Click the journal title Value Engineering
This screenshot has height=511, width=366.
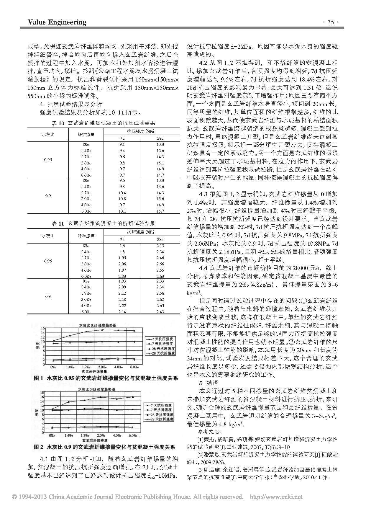(x=57, y=22)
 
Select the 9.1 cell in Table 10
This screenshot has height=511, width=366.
(x=122, y=145)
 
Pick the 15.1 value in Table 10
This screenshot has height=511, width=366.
(x=160, y=163)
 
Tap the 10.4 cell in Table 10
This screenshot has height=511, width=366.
(x=122, y=193)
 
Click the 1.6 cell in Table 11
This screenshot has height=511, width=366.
(x=122, y=246)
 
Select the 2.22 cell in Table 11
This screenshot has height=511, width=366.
(x=122, y=306)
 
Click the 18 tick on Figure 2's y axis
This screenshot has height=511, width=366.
(x=42, y=393)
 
